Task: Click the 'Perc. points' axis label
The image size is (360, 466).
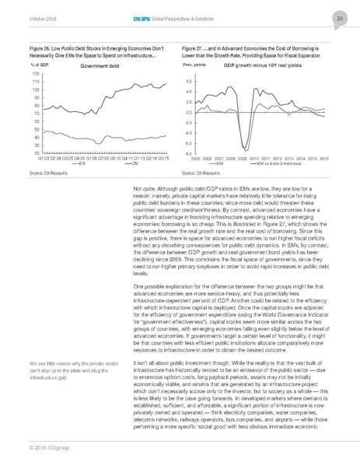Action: point(193,66)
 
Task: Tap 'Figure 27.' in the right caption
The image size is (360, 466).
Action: point(194,47)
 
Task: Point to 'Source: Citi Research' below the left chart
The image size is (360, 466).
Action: point(45,172)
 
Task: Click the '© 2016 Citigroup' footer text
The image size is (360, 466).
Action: point(43,448)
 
